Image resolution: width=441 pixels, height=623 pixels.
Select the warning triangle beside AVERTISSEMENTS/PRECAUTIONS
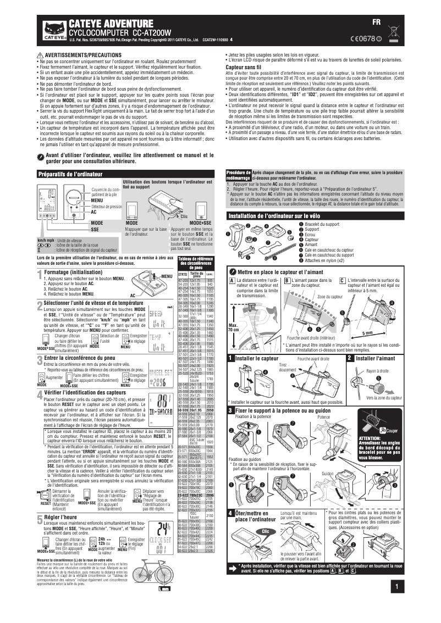[x=40, y=56]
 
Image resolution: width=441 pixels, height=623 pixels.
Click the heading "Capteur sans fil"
[x=243, y=66]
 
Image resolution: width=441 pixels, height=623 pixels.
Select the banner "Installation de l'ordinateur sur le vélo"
[x=274, y=215]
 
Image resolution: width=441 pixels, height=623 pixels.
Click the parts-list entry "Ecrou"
[x=312, y=235]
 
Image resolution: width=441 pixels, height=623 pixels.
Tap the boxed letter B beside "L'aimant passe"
[x=286, y=280]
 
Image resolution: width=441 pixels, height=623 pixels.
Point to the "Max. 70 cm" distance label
[x=233, y=327]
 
